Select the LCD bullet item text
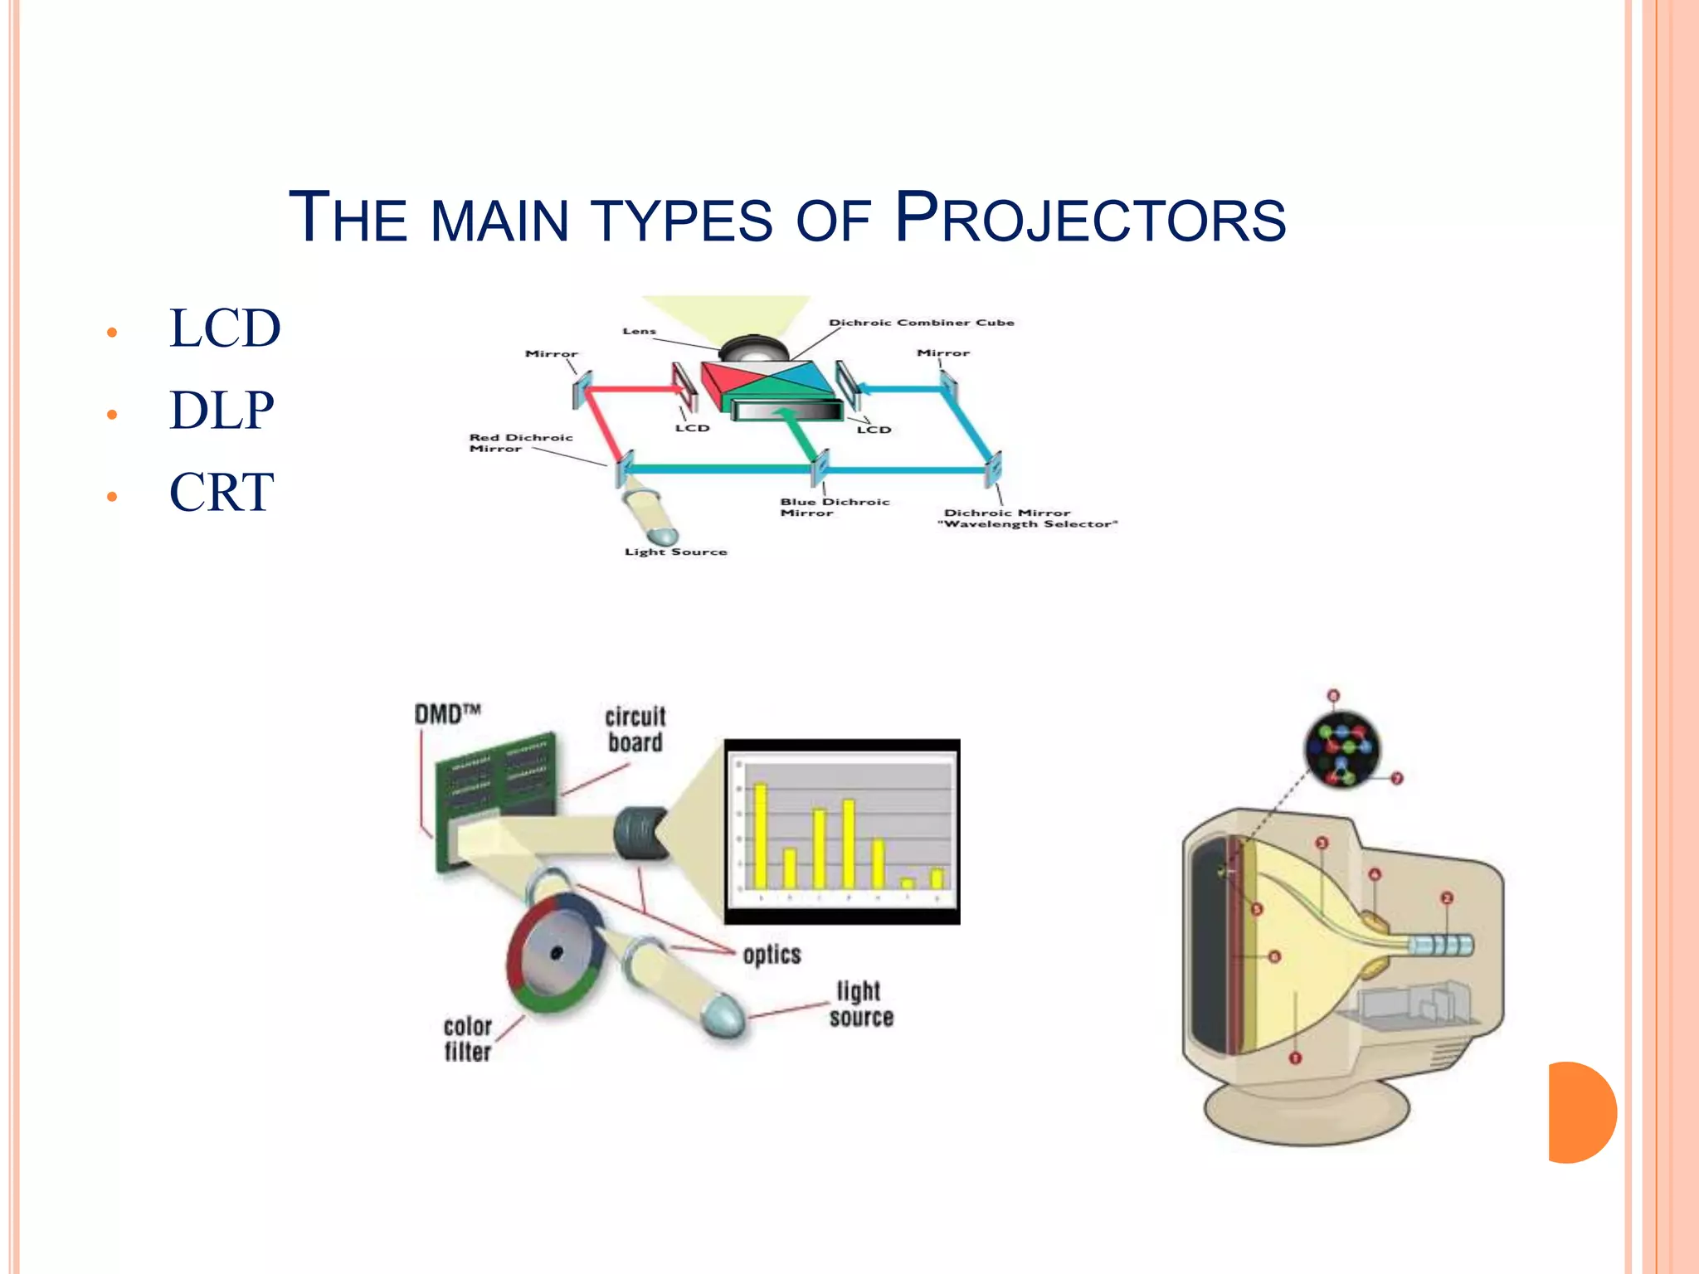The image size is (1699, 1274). point(225,328)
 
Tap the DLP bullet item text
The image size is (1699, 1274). point(222,410)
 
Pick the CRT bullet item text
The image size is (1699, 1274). point(222,492)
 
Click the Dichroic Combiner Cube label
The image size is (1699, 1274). point(921,323)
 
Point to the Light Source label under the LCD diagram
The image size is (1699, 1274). point(675,552)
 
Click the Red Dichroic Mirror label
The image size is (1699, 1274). point(520,443)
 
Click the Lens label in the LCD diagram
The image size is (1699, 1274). point(639,331)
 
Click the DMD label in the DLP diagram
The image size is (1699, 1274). point(447,713)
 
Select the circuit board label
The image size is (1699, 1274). point(635,729)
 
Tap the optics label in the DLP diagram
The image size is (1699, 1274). point(772,955)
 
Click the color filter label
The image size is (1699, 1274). point(467,1039)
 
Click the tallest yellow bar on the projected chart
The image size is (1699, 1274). point(760,834)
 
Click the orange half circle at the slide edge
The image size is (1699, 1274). point(1580,1112)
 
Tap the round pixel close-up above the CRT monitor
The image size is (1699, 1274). point(1341,749)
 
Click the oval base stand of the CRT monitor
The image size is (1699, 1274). point(1307,1111)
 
